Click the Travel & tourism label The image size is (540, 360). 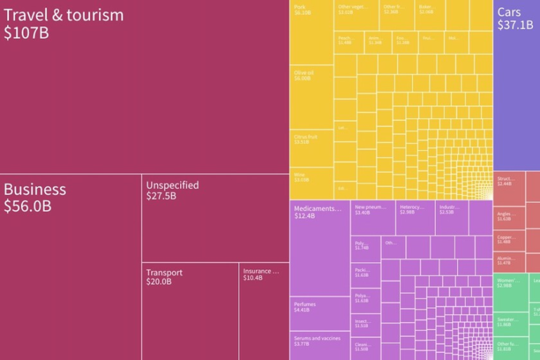tap(63, 15)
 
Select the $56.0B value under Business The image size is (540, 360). tap(27, 207)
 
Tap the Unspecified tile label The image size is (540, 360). tap(172, 186)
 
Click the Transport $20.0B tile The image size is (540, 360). tap(190, 309)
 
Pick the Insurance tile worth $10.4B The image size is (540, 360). tap(264, 309)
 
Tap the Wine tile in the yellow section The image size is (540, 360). tap(311, 183)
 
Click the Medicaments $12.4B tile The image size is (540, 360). tap(319, 246)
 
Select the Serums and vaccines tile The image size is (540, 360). tap(319, 345)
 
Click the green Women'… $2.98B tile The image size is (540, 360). tap(510, 292)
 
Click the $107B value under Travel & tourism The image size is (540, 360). tap(27, 32)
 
